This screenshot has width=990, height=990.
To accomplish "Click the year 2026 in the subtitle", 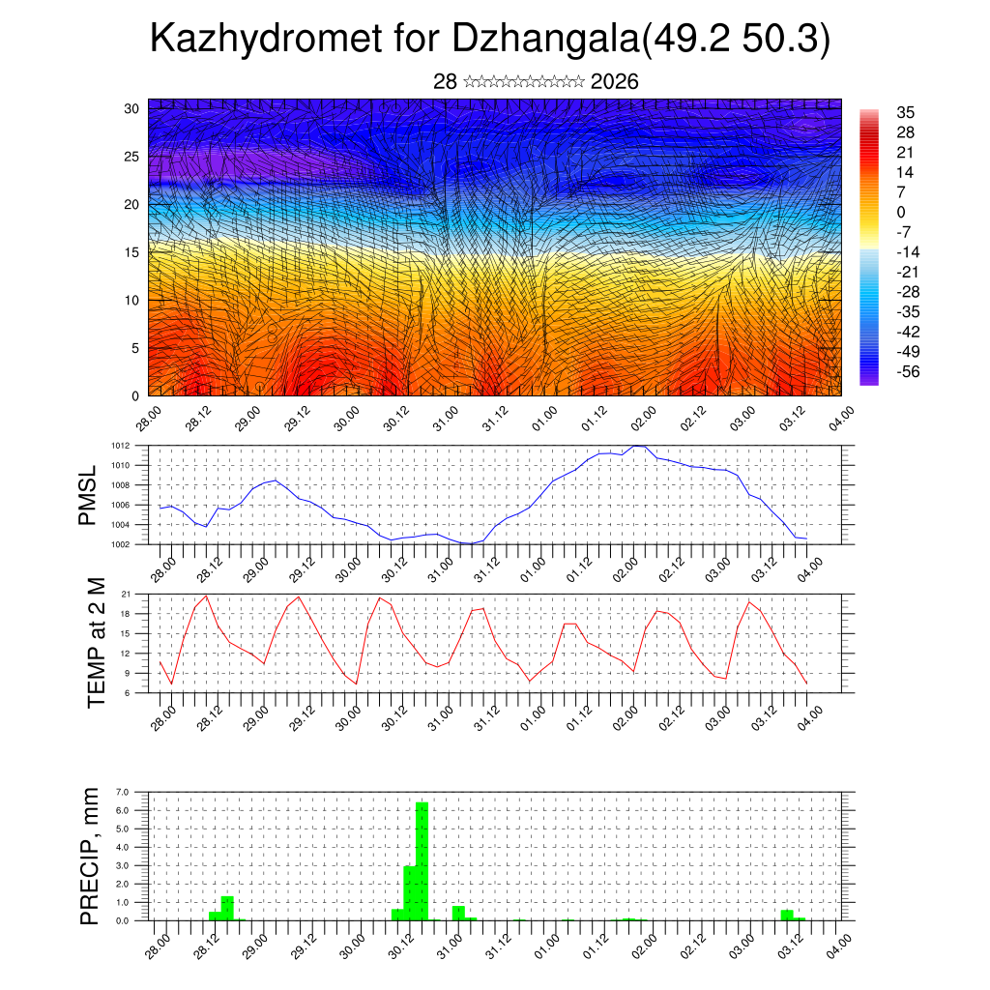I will (614, 81).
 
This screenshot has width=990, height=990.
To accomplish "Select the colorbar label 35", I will (906, 113).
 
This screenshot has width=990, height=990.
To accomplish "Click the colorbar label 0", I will (901, 212).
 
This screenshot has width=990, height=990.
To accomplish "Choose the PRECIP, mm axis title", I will (91, 856).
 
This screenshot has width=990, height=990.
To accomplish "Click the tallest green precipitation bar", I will (422, 860).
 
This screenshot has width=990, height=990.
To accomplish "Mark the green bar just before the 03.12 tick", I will (787, 915).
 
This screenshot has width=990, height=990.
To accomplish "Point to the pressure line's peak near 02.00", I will (636, 446).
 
